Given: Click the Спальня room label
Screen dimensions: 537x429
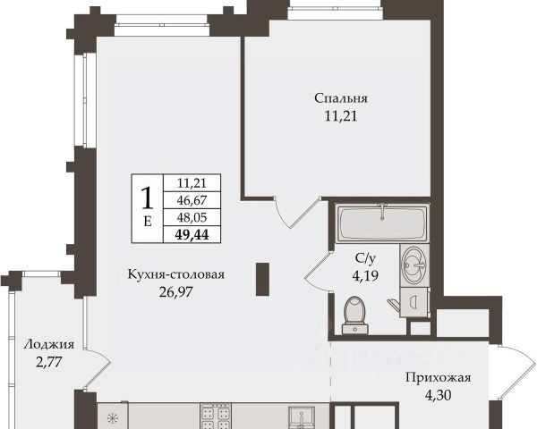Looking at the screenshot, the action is click(x=341, y=98).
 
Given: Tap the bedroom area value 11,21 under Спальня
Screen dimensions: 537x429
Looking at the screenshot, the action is click(x=341, y=116).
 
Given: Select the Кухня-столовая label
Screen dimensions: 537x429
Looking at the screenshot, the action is click(x=176, y=274).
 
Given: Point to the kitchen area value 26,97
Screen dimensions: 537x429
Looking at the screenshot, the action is click(x=176, y=292).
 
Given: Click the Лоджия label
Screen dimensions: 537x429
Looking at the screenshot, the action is click(x=48, y=344).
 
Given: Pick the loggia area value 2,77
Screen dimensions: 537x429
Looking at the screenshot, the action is click(x=48, y=362).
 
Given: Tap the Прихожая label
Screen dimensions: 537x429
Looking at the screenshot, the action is click(x=439, y=378).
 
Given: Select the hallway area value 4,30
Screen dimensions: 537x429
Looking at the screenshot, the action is click(x=438, y=395).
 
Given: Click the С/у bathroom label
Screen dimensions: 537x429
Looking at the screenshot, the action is click(x=365, y=258).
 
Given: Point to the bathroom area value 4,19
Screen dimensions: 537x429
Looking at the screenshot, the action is click(x=365, y=275).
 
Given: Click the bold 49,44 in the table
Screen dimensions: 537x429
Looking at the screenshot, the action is click(x=192, y=234).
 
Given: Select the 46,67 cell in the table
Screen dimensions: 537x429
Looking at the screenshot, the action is click(x=192, y=200).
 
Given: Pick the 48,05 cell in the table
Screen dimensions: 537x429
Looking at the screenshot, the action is click(x=192, y=217).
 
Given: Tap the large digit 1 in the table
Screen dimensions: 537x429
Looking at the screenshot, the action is click(x=148, y=198).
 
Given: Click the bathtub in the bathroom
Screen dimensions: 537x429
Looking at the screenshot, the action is click(x=382, y=223).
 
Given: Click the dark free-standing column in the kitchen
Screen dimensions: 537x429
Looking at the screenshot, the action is click(x=262, y=279).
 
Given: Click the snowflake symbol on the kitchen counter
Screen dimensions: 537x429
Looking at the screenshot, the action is click(x=112, y=417).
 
